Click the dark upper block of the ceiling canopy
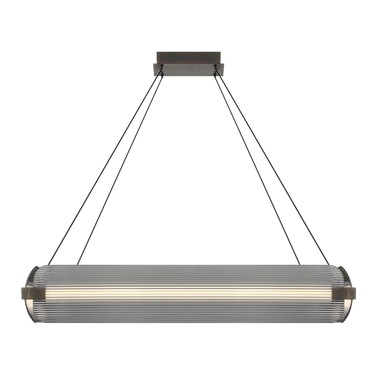[188, 57]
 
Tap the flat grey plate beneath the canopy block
[188, 70]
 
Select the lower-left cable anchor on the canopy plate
[163, 75]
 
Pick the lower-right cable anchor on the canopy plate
[214, 75]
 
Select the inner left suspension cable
[120, 170]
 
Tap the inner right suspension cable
[257, 170]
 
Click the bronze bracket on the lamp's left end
[33, 293]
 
